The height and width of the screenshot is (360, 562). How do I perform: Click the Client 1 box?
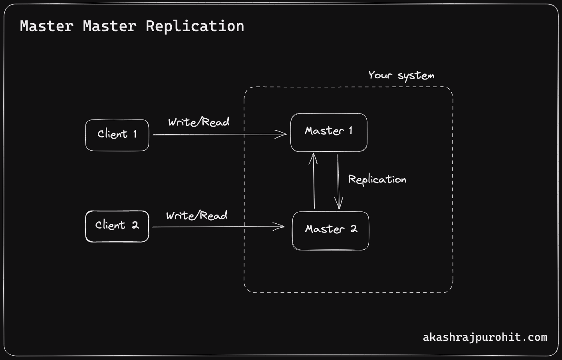coord(117,135)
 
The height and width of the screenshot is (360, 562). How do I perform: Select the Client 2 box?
coord(117,226)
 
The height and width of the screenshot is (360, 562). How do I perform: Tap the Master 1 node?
coord(328,132)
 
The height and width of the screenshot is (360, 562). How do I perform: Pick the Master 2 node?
coord(330,231)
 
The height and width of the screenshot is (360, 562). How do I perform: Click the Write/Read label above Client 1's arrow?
coord(199,122)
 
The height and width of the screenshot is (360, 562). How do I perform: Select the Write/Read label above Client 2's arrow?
coord(197,216)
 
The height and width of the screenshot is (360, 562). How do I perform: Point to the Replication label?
coord(377,179)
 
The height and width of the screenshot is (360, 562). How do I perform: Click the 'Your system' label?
coord(401,76)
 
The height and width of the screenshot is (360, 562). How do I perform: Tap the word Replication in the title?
coord(195,26)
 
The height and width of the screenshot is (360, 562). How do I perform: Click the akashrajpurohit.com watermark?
coord(485,337)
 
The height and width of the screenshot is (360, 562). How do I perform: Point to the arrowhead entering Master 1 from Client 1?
coord(283,134)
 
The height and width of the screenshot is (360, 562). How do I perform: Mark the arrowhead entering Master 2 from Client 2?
coord(281,227)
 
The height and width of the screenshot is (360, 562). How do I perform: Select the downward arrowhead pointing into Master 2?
coord(339,205)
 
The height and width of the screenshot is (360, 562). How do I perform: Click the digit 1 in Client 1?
coord(135,134)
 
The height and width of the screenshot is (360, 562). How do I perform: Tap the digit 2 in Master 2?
coord(353,229)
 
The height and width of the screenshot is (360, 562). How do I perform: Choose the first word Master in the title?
coord(46,26)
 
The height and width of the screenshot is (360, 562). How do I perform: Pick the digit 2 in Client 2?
coord(135,225)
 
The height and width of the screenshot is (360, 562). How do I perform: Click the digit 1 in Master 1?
coord(351,131)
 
